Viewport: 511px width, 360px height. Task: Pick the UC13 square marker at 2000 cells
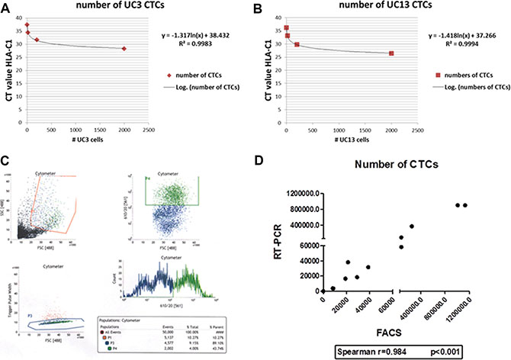[x=391, y=53]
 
